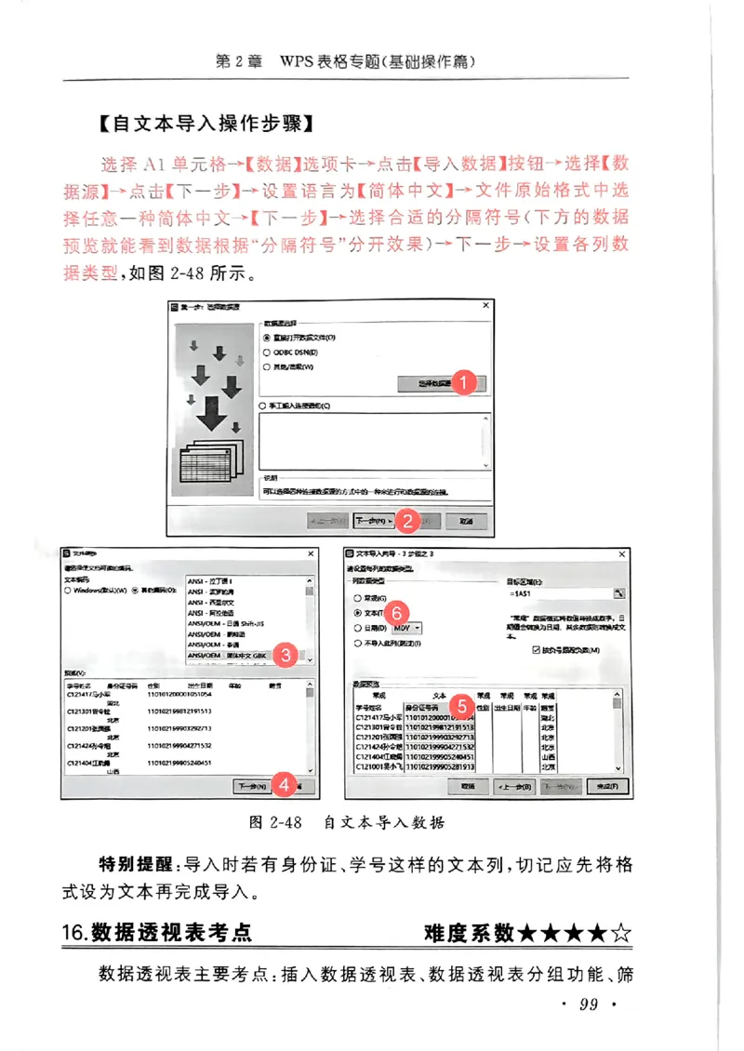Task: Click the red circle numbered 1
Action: [x=468, y=382]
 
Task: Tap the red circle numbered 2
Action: [x=405, y=522]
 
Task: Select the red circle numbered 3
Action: [x=286, y=656]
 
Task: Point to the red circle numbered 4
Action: [x=286, y=785]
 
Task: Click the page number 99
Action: [x=588, y=1004]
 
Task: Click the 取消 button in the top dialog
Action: [x=466, y=522]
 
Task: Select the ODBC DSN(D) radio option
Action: [x=267, y=353]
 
